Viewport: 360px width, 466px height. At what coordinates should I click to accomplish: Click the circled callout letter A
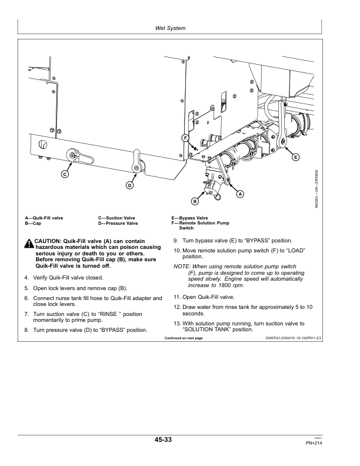pos(240,194)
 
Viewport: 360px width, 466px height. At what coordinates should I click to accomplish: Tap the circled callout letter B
pos(195,201)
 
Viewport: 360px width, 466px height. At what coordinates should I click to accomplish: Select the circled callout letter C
pos(65,174)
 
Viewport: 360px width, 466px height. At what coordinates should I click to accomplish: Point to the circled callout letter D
pos(129,185)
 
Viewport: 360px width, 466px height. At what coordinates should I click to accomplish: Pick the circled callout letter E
pos(295,157)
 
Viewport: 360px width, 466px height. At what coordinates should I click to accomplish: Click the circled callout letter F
pos(185,138)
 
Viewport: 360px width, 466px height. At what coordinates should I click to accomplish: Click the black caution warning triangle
pos(29,244)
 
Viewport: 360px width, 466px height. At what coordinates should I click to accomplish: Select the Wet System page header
pos(170,28)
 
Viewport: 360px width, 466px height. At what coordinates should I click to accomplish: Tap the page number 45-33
pos(163,440)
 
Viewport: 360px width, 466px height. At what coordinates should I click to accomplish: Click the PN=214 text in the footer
pos(314,443)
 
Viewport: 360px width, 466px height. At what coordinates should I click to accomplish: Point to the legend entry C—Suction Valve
pos(116,218)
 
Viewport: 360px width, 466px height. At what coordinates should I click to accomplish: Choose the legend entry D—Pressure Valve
pos(118,223)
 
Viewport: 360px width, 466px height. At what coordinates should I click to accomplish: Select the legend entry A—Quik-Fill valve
pos(44,218)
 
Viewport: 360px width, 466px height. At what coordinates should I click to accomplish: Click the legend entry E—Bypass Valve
pos(189,218)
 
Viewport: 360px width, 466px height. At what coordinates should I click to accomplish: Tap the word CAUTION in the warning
pos(48,241)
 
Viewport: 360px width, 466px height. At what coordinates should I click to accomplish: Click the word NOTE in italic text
pos(181,267)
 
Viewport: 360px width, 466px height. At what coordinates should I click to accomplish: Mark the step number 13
pos(177,324)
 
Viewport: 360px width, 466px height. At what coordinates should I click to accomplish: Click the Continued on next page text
pos(184,338)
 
